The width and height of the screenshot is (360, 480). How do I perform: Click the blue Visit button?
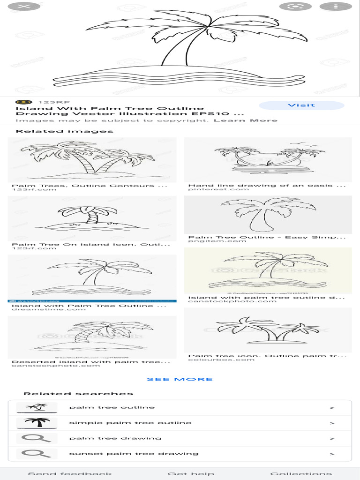pyautogui.click(x=301, y=105)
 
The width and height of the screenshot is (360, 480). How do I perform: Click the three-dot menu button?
pyautogui.click(x=336, y=7)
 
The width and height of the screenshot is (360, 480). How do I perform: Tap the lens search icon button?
pyautogui.click(x=295, y=7)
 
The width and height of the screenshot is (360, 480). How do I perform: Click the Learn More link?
pyautogui.click(x=245, y=120)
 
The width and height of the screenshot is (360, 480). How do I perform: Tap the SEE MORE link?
pyautogui.click(x=180, y=379)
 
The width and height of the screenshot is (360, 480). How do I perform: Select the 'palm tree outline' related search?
pyautogui.click(x=112, y=407)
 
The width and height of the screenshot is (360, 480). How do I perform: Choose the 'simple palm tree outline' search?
pyautogui.click(x=130, y=423)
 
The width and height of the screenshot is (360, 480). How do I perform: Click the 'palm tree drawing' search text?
pyautogui.click(x=115, y=438)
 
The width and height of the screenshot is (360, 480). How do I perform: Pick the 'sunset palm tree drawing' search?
pyautogui.click(x=134, y=454)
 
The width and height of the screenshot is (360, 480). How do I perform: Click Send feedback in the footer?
pyautogui.click(x=70, y=473)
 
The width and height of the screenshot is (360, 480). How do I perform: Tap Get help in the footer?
pyautogui.click(x=191, y=473)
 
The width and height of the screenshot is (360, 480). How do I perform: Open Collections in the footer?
pyautogui.click(x=301, y=473)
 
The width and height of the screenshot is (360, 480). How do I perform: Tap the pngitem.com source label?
pyautogui.click(x=210, y=241)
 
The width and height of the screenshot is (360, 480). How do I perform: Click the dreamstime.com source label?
pyautogui.click(x=49, y=309)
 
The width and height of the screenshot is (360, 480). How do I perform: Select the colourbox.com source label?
pyautogui.click(x=215, y=360)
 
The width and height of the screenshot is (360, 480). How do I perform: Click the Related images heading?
pyautogui.click(x=64, y=131)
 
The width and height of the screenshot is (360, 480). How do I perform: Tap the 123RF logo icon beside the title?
pyautogui.click(x=23, y=102)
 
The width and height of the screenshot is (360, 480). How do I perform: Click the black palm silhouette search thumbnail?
pyautogui.click(x=37, y=423)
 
